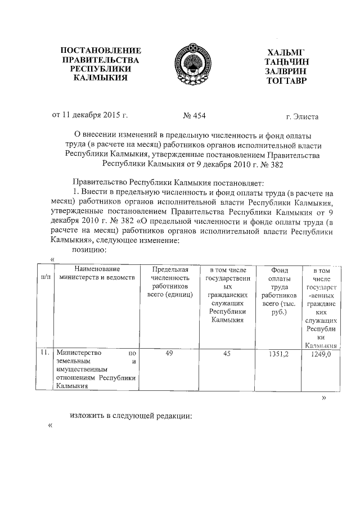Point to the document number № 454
pyautogui.click(x=194, y=116)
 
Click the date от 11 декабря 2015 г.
pyautogui.click(x=90, y=116)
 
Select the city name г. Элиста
pyautogui.click(x=301, y=117)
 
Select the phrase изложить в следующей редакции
pyautogui.click(x=131, y=417)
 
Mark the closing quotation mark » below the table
pyautogui.click(x=323, y=398)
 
